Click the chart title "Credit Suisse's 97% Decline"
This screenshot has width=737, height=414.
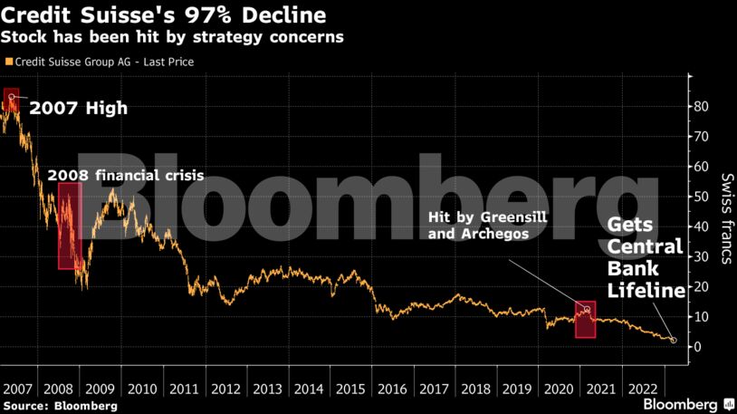tap(164, 16)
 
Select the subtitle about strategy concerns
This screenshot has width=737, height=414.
tap(172, 39)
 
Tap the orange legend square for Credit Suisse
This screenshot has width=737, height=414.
tap(9, 63)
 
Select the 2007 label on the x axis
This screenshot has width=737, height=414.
tap(19, 388)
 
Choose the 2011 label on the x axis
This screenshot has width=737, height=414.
tap(186, 388)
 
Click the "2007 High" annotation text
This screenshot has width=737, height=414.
tap(79, 109)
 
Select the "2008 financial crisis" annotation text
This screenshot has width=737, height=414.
tap(125, 174)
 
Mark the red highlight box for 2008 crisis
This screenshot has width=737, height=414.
tap(70, 226)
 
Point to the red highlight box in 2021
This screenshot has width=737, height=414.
tap(585, 320)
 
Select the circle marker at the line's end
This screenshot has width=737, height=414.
tap(673, 341)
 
